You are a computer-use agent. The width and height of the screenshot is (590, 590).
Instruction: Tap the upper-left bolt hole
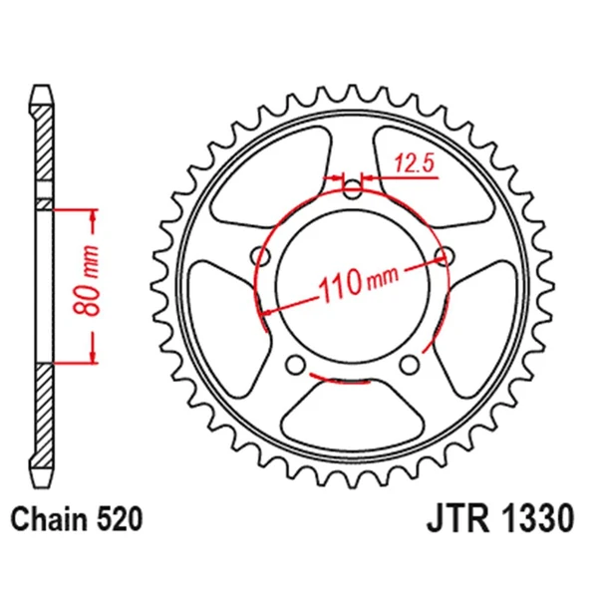coord(263,257)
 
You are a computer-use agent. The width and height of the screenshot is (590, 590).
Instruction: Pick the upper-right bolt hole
coord(443,256)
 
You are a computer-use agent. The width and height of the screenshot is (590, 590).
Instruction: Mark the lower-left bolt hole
coord(296,365)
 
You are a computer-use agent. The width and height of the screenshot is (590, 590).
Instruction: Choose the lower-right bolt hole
coord(409,366)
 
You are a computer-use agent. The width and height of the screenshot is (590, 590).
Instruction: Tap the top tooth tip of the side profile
coord(42,92)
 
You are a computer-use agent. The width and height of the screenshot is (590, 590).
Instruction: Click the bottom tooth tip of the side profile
coord(42,472)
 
